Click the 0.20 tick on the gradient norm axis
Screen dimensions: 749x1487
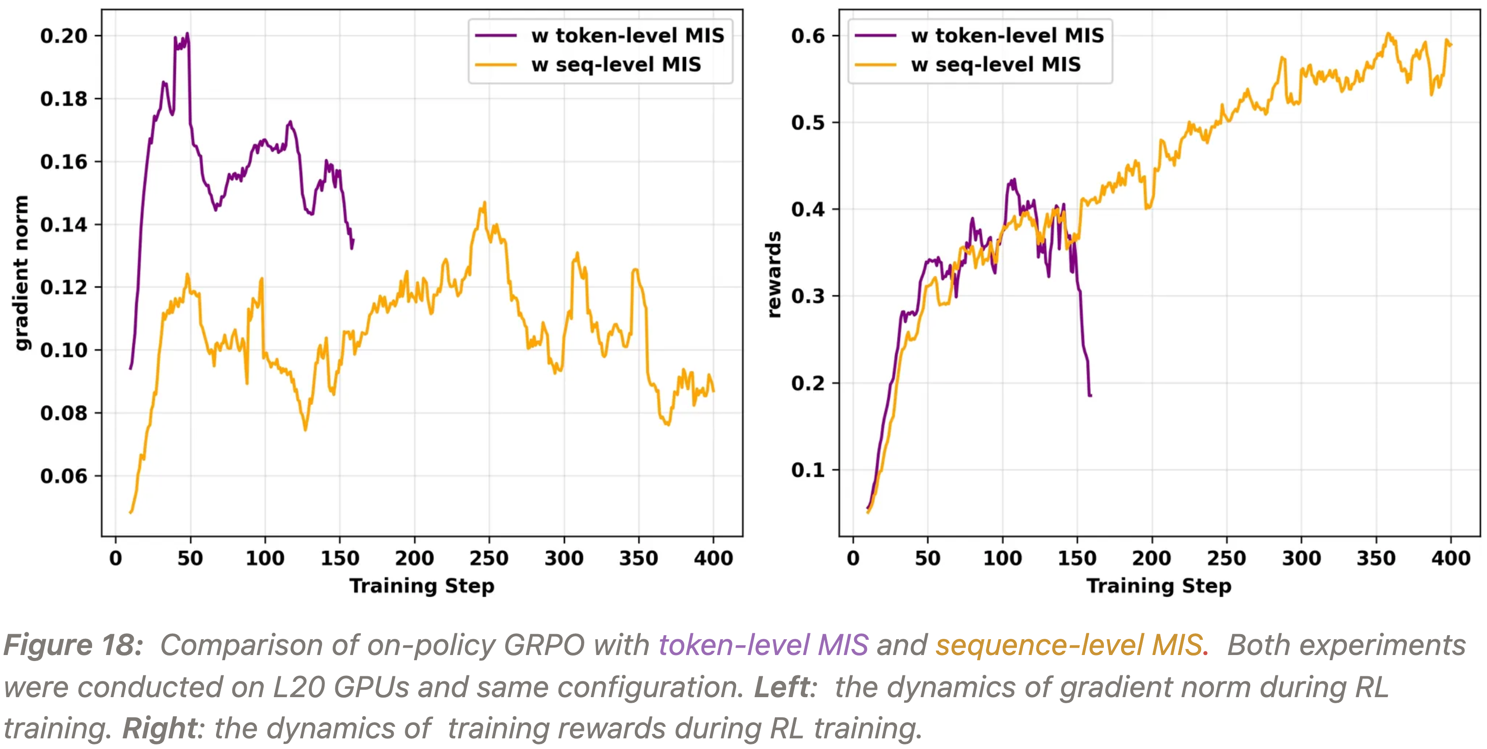click(63, 36)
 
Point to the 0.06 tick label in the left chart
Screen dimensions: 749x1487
click(63, 476)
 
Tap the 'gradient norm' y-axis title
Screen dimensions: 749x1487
click(21, 273)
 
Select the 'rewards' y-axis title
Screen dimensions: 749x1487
click(774, 275)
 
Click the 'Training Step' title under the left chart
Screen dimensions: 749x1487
click(422, 586)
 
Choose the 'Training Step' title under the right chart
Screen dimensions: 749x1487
click(1159, 586)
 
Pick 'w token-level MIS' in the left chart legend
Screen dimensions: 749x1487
click(627, 36)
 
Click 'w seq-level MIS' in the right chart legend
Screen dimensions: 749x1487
click(996, 65)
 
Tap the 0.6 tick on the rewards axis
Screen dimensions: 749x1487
click(808, 36)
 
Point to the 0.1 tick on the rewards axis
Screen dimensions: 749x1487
click(808, 470)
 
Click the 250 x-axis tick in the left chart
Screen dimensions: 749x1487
click(489, 558)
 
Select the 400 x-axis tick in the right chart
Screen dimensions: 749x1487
click(1450, 558)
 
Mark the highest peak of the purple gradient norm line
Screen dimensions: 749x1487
click(187, 33)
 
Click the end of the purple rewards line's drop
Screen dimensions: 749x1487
click(1090, 396)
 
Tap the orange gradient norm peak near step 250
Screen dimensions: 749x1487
click(484, 202)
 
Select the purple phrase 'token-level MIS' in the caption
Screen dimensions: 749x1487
click(763, 645)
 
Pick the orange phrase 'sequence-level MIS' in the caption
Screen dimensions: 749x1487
click(1068, 645)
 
